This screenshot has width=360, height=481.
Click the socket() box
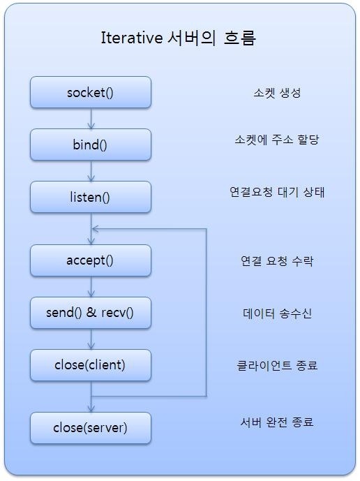point(91,92)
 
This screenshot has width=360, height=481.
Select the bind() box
point(91,145)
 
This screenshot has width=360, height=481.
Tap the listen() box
point(91,197)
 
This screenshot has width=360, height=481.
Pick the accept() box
point(91,260)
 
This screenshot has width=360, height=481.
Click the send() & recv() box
point(91,313)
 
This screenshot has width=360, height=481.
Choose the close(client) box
point(91,365)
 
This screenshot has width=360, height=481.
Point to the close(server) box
point(91,428)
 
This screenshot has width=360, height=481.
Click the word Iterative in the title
point(132,38)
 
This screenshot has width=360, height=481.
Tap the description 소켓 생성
point(277,93)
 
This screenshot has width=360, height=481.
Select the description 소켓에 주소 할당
point(277,140)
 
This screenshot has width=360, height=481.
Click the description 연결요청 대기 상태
point(277,192)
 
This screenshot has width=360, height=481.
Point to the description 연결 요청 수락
point(277,261)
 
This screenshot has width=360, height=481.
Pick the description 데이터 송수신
point(277,313)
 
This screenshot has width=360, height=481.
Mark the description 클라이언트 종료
point(277,365)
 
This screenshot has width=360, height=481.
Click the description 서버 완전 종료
point(277,422)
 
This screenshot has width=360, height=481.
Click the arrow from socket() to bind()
point(91,119)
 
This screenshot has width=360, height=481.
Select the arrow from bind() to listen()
point(91,171)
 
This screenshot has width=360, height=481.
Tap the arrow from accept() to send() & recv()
point(91,287)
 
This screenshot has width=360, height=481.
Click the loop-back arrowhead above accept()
point(95,229)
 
